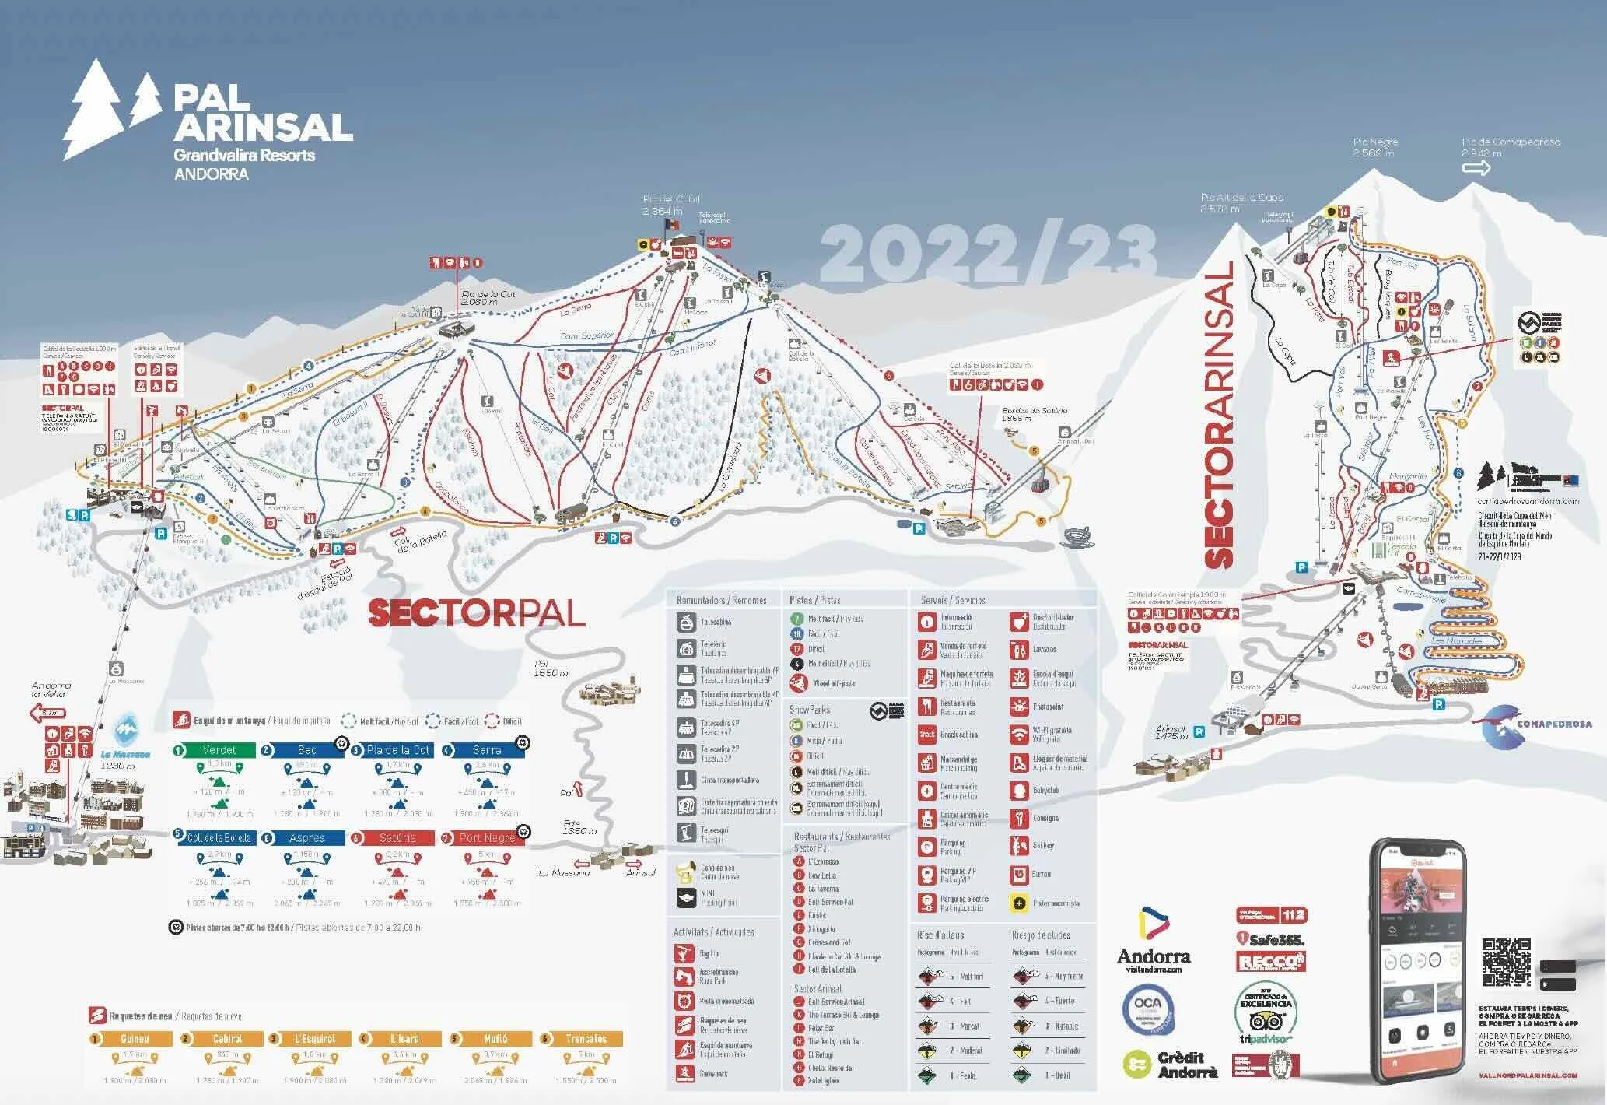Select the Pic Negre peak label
[1375, 147]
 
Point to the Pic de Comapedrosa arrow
[1476, 167]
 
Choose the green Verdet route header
[218, 750]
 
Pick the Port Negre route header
[487, 838]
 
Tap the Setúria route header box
[397, 838]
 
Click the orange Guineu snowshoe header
[135, 1039]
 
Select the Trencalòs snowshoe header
[586, 1039]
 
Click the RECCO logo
[1270, 962]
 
